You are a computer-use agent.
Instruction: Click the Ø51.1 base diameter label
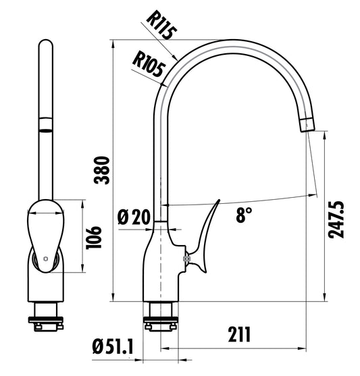click(113, 348)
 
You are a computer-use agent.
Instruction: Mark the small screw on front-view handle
click(45, 259)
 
